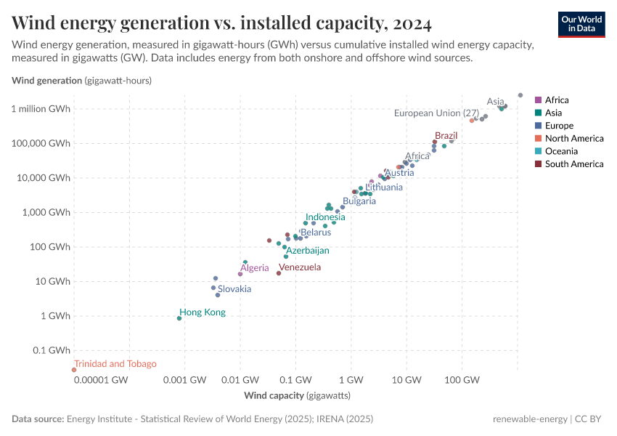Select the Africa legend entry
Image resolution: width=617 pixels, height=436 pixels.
click(556, 100)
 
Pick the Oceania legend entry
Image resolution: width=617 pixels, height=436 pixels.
click(561, 151)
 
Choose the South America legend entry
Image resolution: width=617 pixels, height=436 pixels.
click(574, 164)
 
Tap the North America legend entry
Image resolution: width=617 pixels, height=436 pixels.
click(574, 139)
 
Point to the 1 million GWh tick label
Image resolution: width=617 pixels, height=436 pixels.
click(41, 109)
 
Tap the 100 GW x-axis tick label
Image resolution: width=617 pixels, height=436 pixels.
click(462, 380)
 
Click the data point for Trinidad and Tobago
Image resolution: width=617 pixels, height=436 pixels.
click(74, 370)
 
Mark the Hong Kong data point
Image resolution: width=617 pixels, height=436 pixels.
click(179, 318)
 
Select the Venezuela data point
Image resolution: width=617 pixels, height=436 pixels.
click(279, 273)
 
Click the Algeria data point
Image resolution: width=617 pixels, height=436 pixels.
click(240, 274)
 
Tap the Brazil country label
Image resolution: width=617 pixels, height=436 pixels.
click(446, 136)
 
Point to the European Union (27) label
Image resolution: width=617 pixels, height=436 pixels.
click(436, 113)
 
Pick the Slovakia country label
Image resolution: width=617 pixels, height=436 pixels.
click(234, 289)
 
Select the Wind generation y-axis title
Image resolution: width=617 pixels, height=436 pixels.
click(82, 81)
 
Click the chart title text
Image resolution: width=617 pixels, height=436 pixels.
click(222, 24)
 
